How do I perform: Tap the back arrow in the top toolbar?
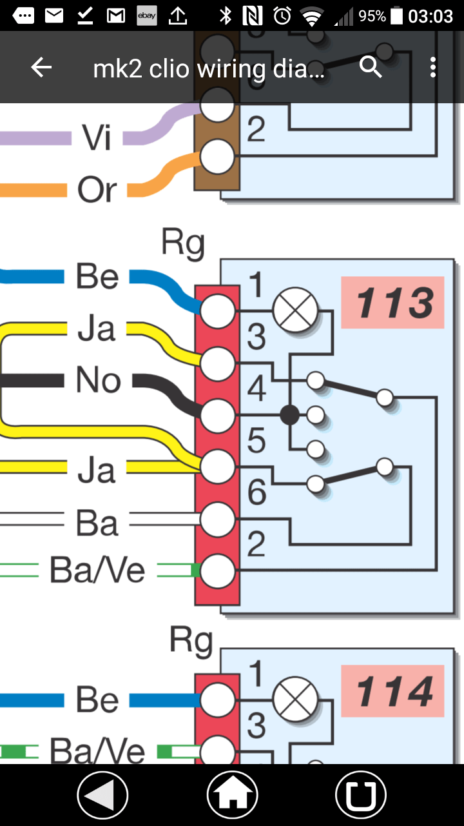click(x=41, y=67)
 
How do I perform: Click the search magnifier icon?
click(x=371, y=66)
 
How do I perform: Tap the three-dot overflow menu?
click(x=432, y=67)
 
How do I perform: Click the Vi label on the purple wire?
click(x=97, y=137)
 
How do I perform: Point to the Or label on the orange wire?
click(x=97, y=190)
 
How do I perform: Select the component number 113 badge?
click(x=392, y=303)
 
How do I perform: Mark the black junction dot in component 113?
click(x=290, y=415)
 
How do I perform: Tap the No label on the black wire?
click(x=98, y=380)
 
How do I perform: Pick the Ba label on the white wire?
click(x=97, y=523)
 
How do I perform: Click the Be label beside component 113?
click(x=97, y=276)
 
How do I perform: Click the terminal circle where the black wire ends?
click(x=218, y=415)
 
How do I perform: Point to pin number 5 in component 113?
click(x=256, y=441)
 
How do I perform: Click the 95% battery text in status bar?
click(x=372, y=16)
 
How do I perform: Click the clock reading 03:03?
click(x=430, y=16)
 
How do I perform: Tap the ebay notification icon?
click(x=147, y=16)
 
